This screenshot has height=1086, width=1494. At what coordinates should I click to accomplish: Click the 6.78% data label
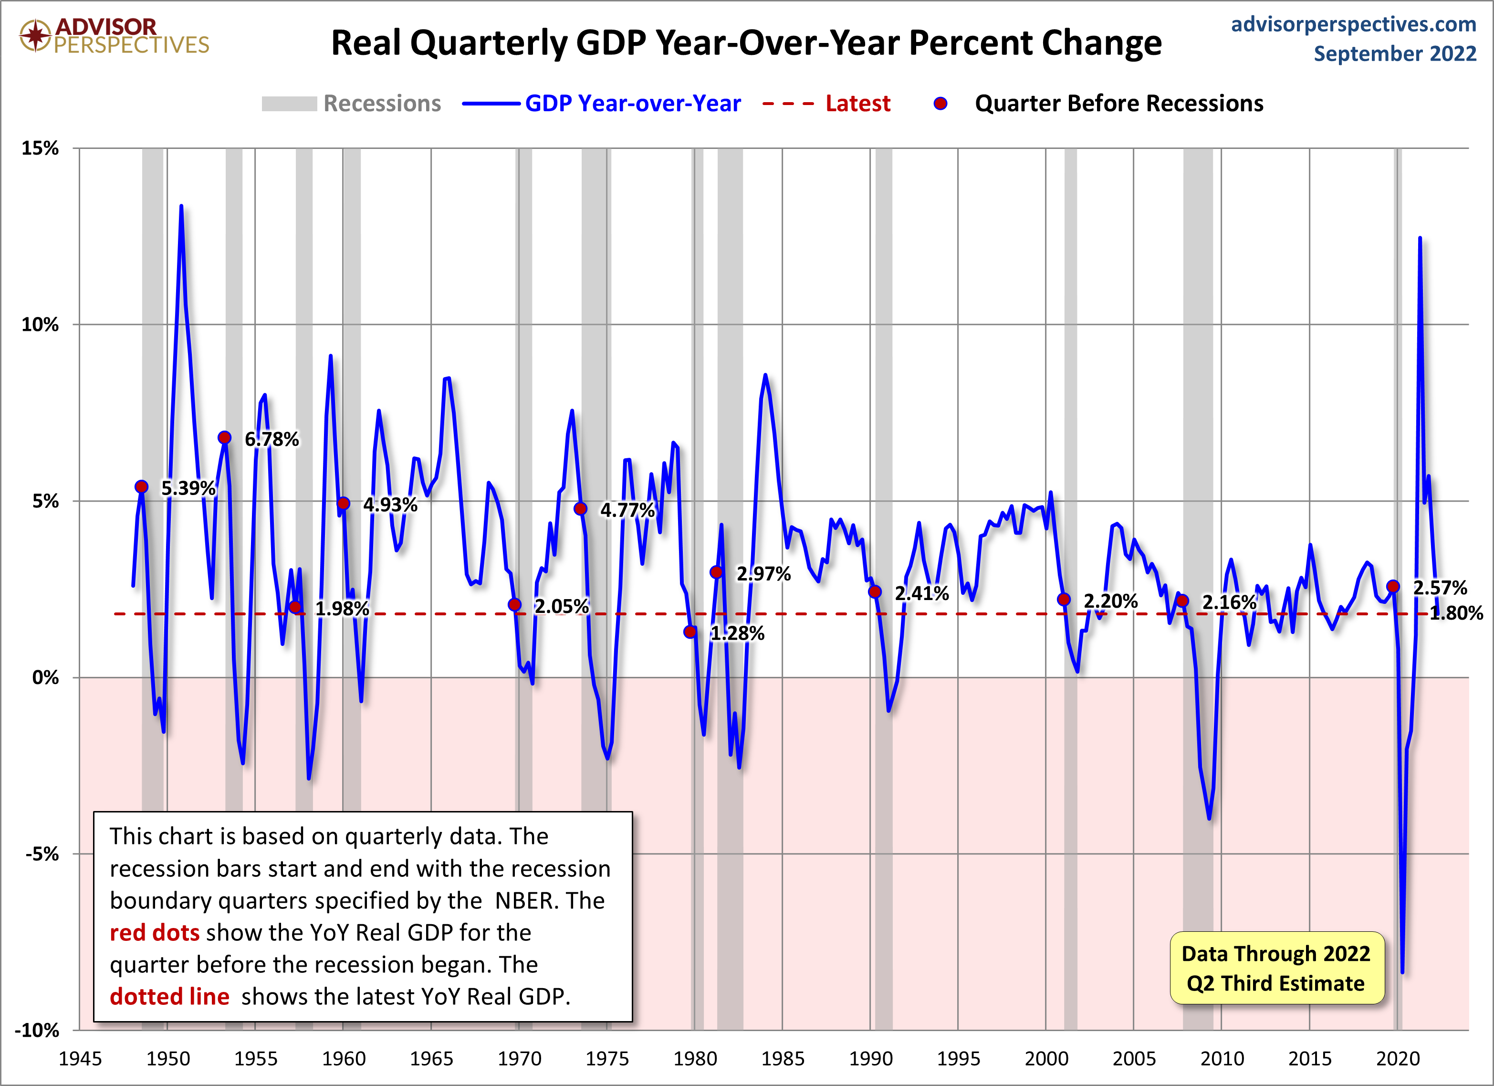[x=272, y=440]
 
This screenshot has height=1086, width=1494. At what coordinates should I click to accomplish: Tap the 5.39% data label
[x=188, y=488]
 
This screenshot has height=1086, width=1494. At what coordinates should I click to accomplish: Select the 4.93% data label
[x=390, y=505]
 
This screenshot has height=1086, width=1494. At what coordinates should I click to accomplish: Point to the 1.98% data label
[x=342, y=608]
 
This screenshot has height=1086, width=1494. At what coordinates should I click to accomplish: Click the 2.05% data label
[x=561, y=606]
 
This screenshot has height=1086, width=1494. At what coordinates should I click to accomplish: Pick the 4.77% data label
[x=627, y=510]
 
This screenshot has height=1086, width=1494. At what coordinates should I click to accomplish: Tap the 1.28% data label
[x=737, y=633]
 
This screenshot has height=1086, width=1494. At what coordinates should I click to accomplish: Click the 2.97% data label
[x=763, y=573]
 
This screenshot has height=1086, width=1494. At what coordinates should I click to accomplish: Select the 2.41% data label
[x=921, y=593]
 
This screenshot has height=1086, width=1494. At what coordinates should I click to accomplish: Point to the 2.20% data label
[x=1111, y=601]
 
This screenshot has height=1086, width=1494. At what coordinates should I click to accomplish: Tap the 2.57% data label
[x=1440, y=588]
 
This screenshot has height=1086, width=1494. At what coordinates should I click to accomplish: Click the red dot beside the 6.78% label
[x=225, y=438]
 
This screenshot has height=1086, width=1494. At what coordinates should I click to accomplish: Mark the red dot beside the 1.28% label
[x=690, y=632]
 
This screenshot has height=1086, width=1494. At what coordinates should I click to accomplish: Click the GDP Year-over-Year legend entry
[x=632, y=104]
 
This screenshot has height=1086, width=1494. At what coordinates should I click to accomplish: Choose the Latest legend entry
[x=857, y=104]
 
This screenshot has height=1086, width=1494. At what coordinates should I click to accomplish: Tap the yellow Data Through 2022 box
[x=1276, y=968]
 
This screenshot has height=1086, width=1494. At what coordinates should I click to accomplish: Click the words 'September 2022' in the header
[x=1395, y=53]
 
